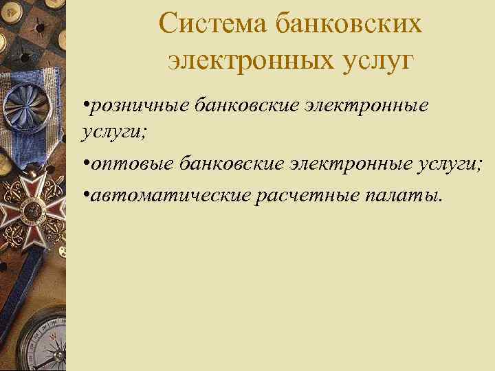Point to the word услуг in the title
pos(375,62)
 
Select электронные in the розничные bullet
pos(371,105)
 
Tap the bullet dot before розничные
pos(85,106)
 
